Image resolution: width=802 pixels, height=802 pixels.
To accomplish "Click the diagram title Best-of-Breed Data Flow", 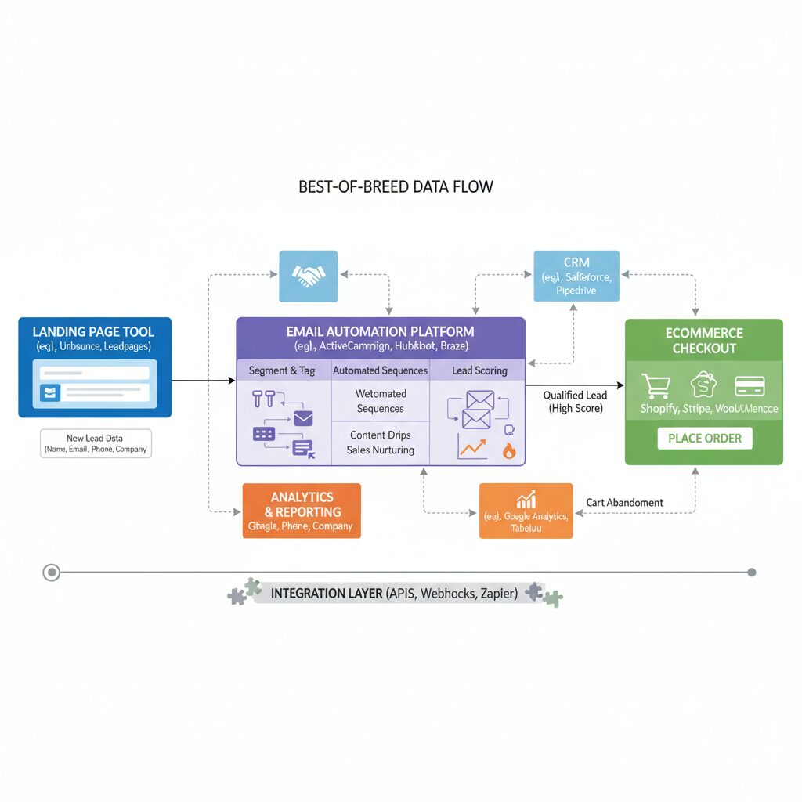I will (396, 187).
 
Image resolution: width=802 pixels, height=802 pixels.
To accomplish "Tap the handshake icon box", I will (309, 276).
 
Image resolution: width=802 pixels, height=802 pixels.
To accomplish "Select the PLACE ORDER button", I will (704, 438).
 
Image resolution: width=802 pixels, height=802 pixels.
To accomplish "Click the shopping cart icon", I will (656, 386).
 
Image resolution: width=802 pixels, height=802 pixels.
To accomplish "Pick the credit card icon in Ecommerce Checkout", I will (750, 386).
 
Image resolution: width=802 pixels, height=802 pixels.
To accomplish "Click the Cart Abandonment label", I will (624, 503).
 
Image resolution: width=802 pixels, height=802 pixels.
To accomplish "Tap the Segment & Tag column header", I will (282, 370).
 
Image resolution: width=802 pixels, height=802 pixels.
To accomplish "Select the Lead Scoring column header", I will (479, 370).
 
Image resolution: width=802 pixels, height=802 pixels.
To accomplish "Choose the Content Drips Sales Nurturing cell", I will (380, 443).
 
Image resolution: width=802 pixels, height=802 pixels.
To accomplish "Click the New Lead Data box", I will (96, 443).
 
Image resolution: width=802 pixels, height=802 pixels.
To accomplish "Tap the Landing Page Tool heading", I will (94, 331).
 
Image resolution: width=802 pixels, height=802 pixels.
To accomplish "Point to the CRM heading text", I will (576, 262).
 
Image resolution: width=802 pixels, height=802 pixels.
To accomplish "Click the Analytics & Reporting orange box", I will (302, 511).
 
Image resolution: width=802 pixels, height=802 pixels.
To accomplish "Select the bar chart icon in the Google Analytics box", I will (526, 499).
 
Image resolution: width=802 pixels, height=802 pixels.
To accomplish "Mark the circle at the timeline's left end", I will (52, 573).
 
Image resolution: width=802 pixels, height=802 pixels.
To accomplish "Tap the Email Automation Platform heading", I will (380, 331).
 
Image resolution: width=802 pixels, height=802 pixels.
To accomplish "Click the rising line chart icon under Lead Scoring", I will (471, 448).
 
